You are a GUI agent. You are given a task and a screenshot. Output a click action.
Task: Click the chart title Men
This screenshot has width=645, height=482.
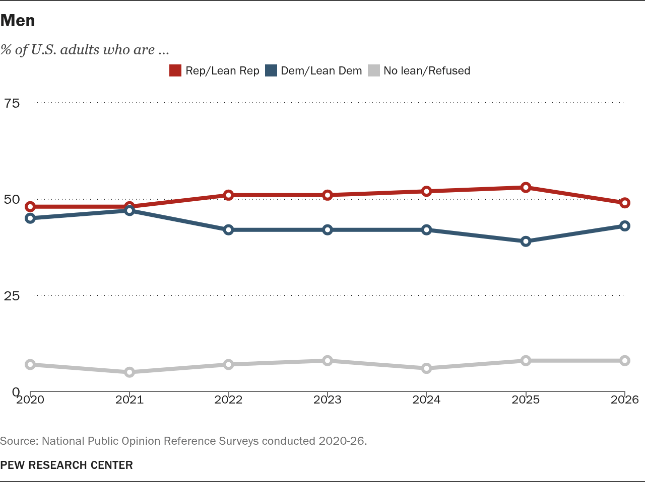(18, 21)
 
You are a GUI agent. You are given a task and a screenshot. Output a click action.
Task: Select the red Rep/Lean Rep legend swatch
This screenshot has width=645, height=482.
(175, 71)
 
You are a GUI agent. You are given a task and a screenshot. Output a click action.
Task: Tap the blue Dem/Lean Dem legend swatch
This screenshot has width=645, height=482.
(271, 71)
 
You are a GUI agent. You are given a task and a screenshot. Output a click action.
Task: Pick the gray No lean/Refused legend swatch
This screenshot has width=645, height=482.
(374, 71)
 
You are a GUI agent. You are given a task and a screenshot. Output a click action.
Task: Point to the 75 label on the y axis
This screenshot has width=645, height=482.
(12, 103)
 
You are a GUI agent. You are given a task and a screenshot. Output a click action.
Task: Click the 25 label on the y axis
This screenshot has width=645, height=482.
(12, 296)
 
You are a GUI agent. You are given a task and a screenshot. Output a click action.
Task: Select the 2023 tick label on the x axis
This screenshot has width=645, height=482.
(328, 399)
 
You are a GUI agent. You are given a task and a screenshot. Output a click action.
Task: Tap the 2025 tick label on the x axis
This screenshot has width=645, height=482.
(526, 399)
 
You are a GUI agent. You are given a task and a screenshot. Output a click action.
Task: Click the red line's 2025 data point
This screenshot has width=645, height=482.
(526, 188)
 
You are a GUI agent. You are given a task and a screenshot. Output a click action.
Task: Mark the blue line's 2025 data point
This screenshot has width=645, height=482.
(526, 242)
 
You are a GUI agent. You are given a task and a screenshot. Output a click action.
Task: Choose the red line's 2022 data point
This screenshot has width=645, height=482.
(228, 195)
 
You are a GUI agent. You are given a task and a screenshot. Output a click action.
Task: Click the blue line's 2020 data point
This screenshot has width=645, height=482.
(30, 218)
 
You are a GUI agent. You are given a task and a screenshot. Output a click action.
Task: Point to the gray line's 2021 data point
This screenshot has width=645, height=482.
(130, 372)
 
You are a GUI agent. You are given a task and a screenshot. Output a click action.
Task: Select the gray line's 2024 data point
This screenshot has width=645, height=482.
(426, 368)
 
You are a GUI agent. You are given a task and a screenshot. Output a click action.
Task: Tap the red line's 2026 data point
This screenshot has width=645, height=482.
(625, 203)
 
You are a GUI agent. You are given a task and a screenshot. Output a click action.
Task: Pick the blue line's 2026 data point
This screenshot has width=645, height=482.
(625, 226)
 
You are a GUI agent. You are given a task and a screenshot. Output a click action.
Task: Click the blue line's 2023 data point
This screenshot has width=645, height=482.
(328, 230)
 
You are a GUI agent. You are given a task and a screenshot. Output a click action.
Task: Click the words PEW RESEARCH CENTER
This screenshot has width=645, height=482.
(67, 465)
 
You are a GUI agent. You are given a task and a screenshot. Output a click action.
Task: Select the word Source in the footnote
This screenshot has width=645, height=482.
(19, 441)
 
